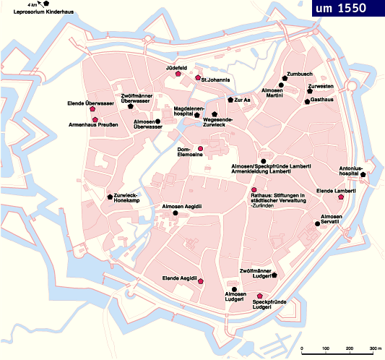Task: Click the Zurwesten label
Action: coord(321,86)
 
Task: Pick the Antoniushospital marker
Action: coord(363,175)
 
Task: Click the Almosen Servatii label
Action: coord(336,220)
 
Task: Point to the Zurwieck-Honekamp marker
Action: coord(110,197)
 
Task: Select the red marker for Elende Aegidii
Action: coord(200,280)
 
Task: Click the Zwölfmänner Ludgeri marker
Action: coord(274,275)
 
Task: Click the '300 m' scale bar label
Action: coord(375,350)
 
